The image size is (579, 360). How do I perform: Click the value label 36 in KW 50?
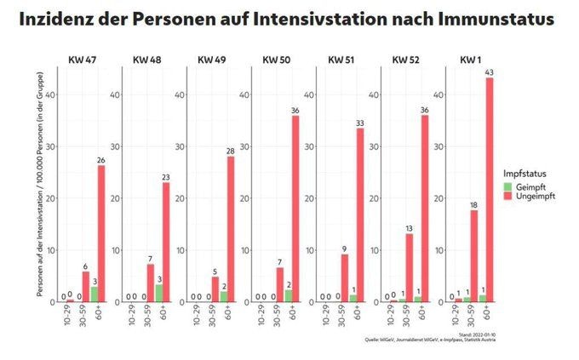[x=295, y=110]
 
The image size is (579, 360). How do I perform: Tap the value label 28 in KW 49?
[x=231, y=151]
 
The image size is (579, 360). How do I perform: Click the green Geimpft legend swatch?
[x=507, y=186]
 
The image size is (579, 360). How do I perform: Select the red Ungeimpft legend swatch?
[x=507, y=195]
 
